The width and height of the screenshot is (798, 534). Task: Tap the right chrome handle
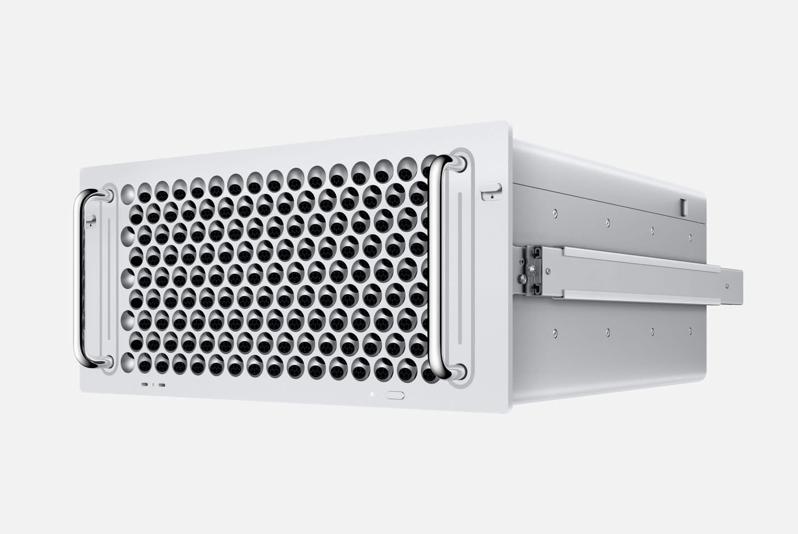(436, 267)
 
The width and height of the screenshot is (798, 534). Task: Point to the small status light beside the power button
(371, 393)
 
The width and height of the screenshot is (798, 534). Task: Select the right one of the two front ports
(163, 385)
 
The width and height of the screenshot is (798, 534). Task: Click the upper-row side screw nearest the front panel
(555, 214)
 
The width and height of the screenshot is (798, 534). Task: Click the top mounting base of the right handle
(457, 163)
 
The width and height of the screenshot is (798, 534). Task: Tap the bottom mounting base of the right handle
(457, 372)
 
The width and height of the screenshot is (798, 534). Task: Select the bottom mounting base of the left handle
(106, 361)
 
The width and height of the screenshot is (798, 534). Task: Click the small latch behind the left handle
(90, 222)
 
